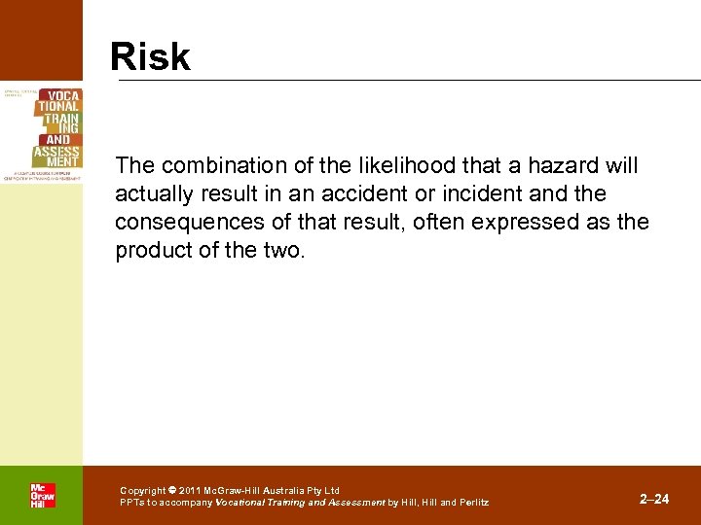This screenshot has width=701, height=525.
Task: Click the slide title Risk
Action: [150, 56]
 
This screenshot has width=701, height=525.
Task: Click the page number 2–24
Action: [654, 499]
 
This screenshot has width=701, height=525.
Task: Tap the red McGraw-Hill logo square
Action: [42, 496]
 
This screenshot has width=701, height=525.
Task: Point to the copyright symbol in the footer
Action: [171, 491]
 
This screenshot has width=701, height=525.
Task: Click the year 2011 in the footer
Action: [188, 491]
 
